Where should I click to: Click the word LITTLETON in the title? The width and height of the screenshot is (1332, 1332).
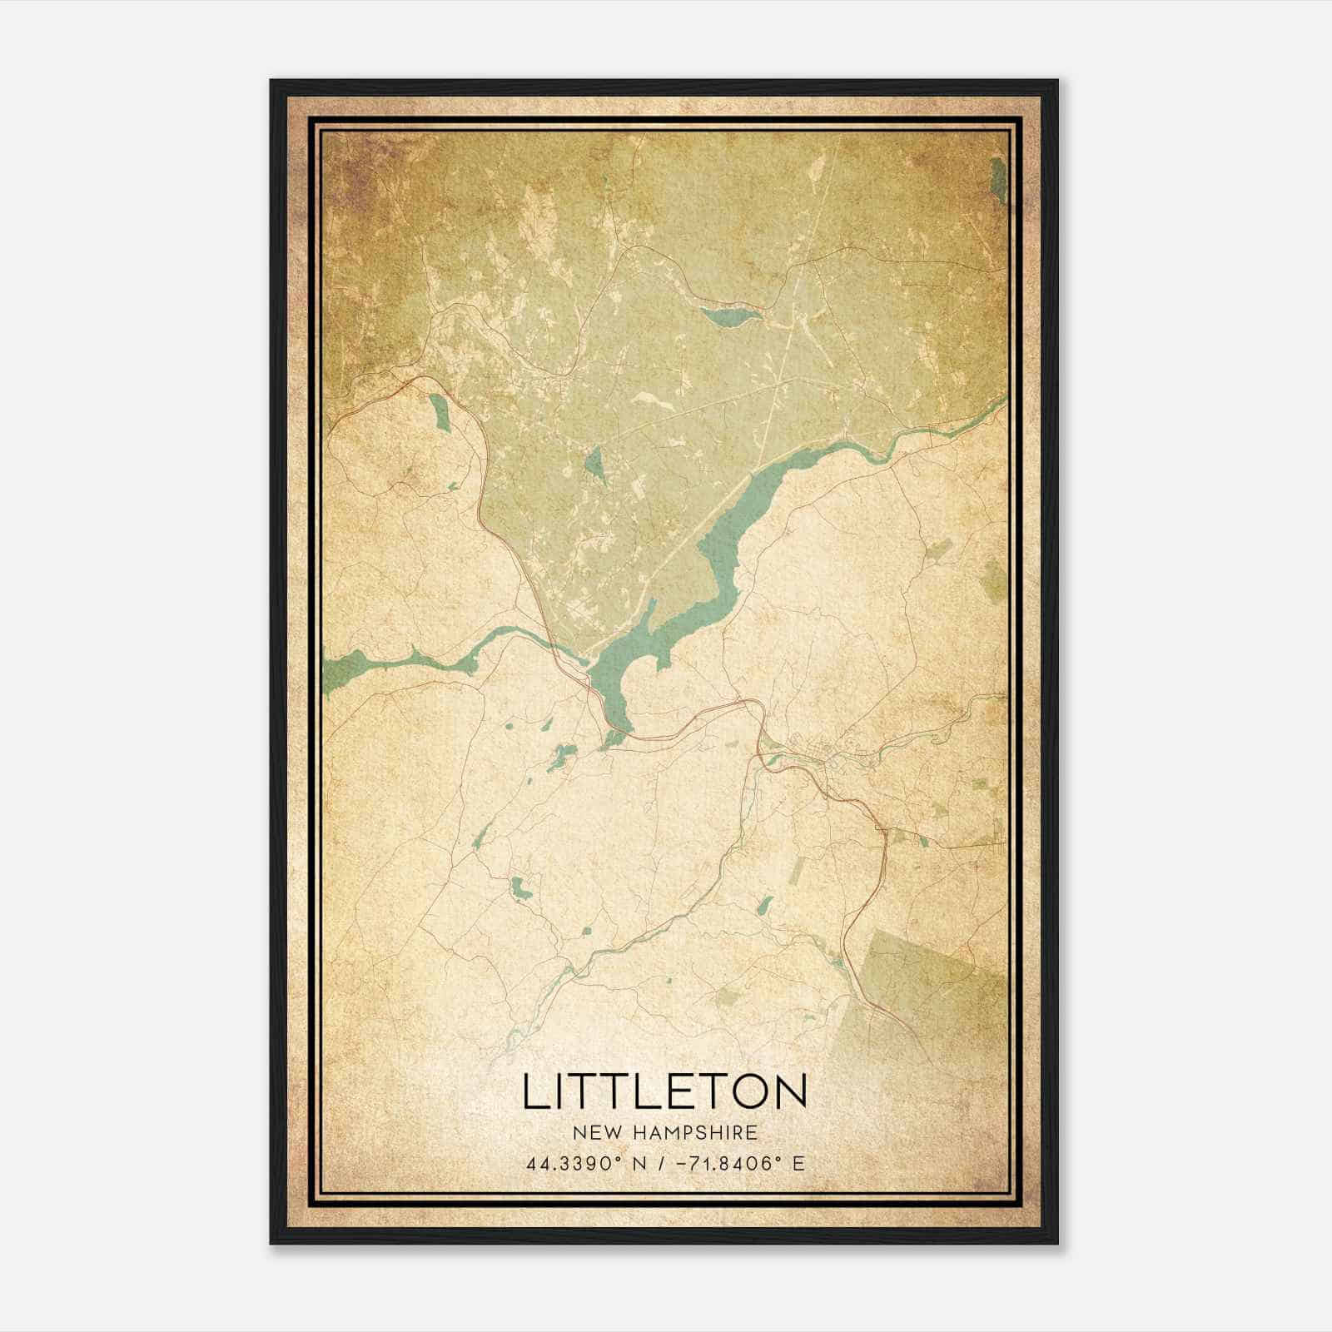(665, 1091)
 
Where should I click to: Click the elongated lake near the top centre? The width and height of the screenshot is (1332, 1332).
(730, 316)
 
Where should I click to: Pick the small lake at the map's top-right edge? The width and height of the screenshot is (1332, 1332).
(998, 177)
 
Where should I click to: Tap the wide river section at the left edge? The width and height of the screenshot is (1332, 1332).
(350, 666)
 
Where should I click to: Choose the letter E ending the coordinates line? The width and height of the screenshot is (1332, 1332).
(798, 1163)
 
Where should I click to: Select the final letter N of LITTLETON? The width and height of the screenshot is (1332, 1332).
(792, 1091)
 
